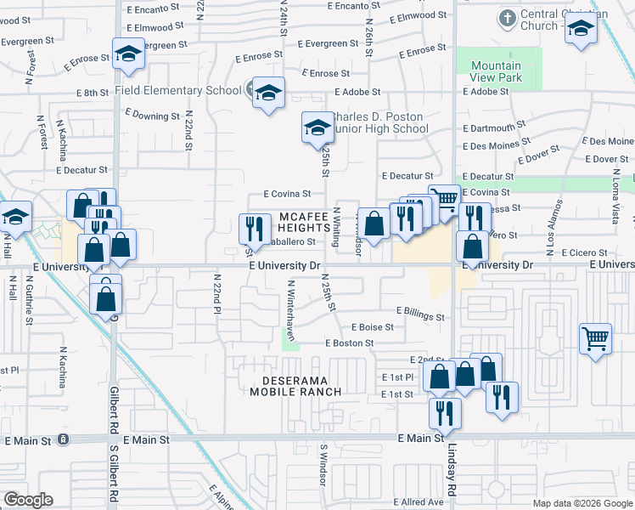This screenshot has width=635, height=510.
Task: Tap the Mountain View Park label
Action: [x=496, y=72]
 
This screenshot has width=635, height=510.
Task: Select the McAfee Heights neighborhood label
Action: [x=303, y=223]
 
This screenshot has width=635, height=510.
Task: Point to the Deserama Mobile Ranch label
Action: [x=295, y=385]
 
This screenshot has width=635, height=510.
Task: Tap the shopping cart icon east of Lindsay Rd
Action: [x=595, y=338]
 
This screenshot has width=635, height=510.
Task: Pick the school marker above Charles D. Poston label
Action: [x=318, y=127]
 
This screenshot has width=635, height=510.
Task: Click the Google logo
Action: [x=28, y=500]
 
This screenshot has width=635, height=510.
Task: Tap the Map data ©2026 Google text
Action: [x=582, y=503]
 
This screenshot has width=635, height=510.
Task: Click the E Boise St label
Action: [x=372, y=326]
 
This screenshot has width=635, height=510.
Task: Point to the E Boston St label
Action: [x=349, y=343]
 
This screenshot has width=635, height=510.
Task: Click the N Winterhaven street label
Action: [x=290, y=310]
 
